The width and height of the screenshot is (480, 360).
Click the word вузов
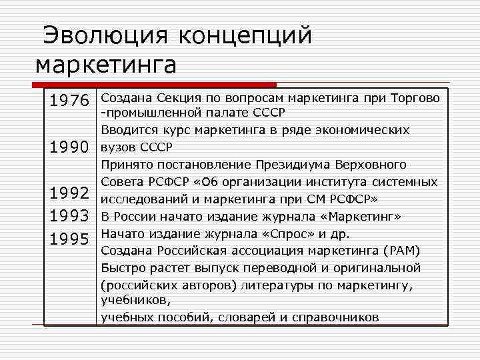tap(117, 147)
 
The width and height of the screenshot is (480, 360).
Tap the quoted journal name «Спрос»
tap(285, 233)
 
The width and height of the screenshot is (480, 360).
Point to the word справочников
tap(336, 317)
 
